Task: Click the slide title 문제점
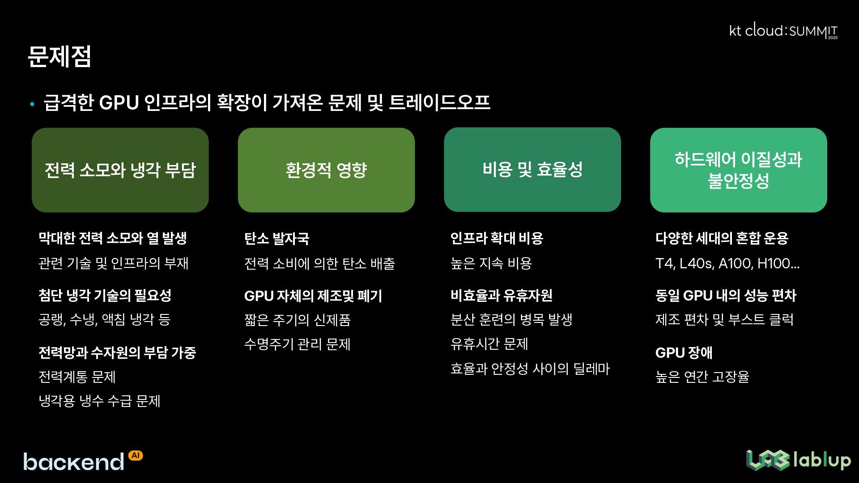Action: coord(60,57)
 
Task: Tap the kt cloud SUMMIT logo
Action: coord(783,31)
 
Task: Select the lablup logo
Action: coord(798,460)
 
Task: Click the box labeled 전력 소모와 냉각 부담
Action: coord(120,170)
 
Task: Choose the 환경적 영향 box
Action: coord(326,170)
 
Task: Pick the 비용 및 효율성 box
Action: coord(532,169)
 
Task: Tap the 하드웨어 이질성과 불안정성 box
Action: coord(738,170)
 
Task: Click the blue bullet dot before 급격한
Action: coord(32,105)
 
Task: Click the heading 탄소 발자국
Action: coord(276,238)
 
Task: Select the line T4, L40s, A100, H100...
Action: coord(727,263)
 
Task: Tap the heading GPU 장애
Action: coord(684,353)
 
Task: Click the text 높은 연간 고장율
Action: coord(702,377)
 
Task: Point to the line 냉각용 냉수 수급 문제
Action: coord(99,401)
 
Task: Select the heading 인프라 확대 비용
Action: coord(497,238)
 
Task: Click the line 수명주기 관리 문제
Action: coord(297,344)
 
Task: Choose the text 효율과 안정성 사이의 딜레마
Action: coord(530,369)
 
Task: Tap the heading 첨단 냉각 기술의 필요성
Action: coord(105,295)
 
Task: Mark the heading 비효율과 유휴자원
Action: coord(501,295)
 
